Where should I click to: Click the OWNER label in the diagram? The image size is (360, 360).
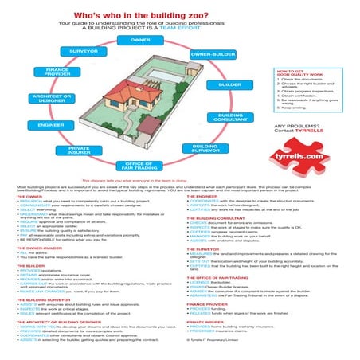click(140, 39)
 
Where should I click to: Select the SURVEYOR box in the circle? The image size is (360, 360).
click(84, 50)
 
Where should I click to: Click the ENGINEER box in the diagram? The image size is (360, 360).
click(50, 126)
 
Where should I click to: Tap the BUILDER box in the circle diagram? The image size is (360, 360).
click(230, 84)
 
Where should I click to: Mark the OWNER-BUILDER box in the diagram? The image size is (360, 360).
click(212, 54)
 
